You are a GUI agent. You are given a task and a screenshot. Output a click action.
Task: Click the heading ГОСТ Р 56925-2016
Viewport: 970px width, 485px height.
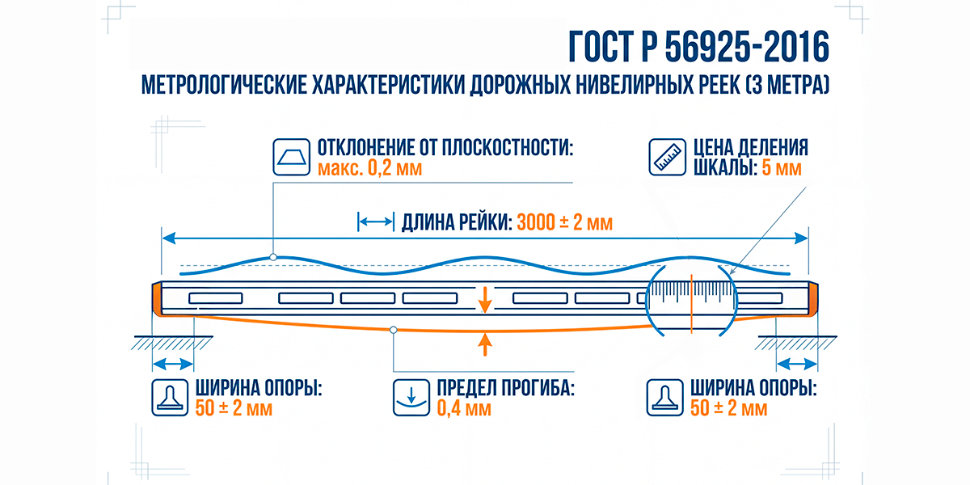698,48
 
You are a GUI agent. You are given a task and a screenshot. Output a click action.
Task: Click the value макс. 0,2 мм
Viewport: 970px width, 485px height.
369,169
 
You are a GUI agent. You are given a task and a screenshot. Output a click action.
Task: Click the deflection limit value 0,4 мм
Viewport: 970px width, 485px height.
464,408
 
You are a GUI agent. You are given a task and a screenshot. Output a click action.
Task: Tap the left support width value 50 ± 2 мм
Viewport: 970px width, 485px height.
234,408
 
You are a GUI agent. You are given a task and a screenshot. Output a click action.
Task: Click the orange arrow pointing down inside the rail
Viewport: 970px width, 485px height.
484,300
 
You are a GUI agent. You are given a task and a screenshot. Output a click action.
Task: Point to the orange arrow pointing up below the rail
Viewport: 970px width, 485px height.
484,344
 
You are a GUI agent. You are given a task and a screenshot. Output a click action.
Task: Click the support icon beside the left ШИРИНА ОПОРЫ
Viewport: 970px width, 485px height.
170,397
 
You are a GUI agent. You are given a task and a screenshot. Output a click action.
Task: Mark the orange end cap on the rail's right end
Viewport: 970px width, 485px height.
813,300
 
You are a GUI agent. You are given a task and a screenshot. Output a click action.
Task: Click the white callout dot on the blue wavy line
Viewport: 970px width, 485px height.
273,257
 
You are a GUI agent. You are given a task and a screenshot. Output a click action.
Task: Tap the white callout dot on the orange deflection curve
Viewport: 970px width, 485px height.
393,330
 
